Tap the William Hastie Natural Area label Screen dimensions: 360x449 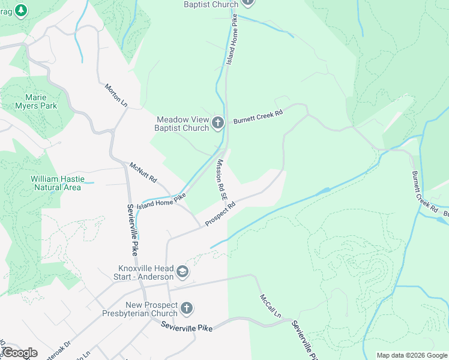coord(56,183)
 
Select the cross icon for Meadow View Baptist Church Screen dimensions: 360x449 coord(218,124)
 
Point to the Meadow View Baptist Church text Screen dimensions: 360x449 coord(182,124)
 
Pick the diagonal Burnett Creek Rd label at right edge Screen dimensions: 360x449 coord(424,191)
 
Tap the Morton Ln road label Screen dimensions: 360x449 coord(116,95)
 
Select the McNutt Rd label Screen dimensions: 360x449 coord(143,172)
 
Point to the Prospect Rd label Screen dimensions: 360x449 coord(220,214)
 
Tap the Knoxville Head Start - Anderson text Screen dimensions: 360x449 coord(146,272)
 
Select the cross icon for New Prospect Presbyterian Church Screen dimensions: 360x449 coord(187,309)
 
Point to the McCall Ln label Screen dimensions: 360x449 coord(271,306)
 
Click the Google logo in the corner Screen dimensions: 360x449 coord(19,353)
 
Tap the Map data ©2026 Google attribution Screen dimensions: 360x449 coord(411,355)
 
